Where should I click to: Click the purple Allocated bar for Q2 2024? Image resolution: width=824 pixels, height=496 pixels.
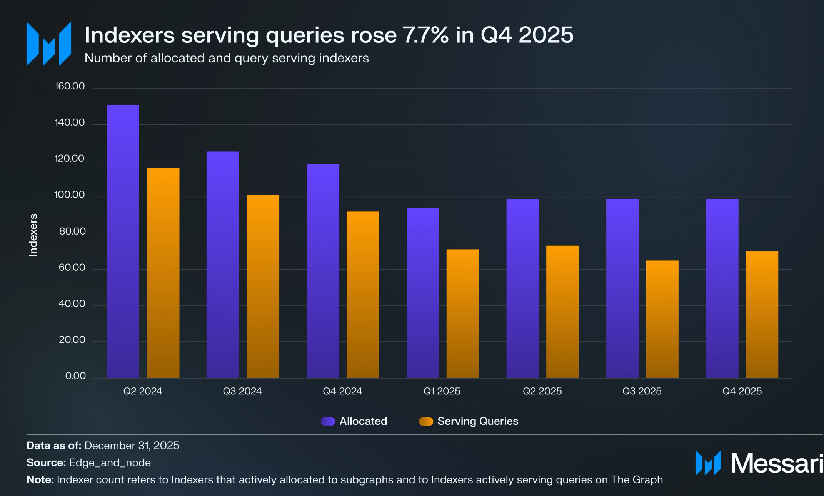coord(123,241)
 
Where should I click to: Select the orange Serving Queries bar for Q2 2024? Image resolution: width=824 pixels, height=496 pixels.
coord(163,273)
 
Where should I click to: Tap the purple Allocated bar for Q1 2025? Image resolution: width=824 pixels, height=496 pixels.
coord(422,293)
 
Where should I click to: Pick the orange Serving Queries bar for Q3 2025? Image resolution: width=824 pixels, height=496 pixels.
coord(662,319)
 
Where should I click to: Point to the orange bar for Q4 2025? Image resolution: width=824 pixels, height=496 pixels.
coord(762,314)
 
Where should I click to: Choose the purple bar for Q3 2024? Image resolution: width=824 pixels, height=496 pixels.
coord(222,265)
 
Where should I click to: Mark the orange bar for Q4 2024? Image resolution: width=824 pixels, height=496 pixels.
coord(362,295)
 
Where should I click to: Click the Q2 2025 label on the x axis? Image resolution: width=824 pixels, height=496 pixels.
coord(542,391)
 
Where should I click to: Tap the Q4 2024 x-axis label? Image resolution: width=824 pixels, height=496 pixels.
coord(342,391)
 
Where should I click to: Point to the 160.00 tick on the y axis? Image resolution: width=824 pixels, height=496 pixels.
coord(70,86)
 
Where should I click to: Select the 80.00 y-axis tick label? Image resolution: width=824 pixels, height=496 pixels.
coord(72,231)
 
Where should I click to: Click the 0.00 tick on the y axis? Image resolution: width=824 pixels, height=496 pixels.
coord(75,376)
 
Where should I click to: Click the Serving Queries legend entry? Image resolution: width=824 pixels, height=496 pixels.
coord(469,421)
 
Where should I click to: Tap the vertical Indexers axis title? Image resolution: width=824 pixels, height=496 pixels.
coord(33,235)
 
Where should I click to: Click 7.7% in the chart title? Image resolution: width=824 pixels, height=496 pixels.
coord(425,35)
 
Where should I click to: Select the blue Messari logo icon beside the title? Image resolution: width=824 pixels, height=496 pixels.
coord(49,44)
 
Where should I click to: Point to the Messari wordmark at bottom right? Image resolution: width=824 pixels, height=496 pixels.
coord(776,463)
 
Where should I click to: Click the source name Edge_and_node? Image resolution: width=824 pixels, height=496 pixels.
coord(110,462)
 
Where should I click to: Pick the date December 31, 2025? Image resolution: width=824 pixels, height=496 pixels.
coord(132,446)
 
